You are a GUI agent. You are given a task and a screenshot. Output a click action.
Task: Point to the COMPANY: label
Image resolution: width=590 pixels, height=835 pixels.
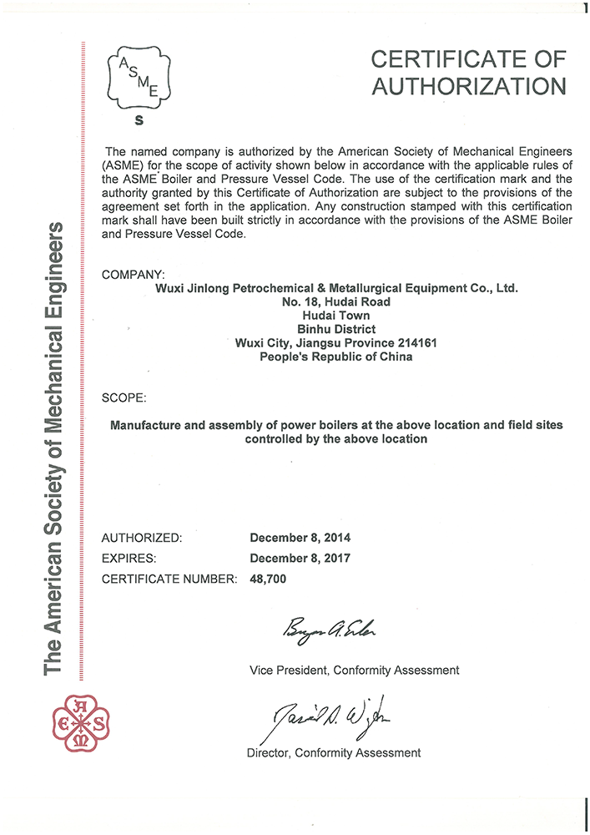coord(133,275)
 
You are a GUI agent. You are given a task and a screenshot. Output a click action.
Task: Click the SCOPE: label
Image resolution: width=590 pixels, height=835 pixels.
coord(124,397)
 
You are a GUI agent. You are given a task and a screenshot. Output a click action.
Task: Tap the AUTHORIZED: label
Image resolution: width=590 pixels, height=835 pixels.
coord(141,538)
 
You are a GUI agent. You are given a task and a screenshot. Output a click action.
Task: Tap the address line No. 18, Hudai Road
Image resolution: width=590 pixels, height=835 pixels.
coord(337,301)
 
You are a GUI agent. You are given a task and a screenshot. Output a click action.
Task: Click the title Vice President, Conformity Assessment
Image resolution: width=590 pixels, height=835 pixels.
coord(354,670)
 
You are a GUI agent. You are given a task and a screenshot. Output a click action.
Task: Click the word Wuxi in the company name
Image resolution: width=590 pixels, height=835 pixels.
coord(171,288)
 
